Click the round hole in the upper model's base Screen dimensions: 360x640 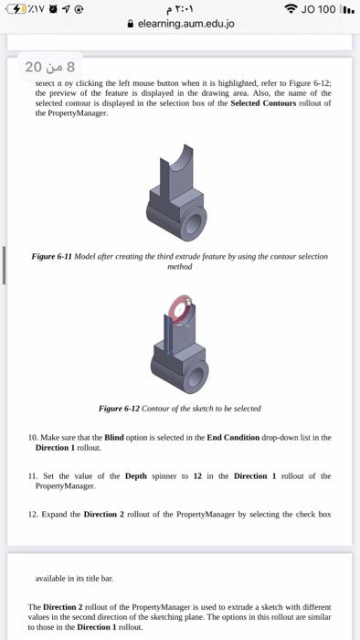[195, 225]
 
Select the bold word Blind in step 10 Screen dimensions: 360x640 [114, 438]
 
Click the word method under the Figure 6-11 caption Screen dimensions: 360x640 [180, 267]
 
